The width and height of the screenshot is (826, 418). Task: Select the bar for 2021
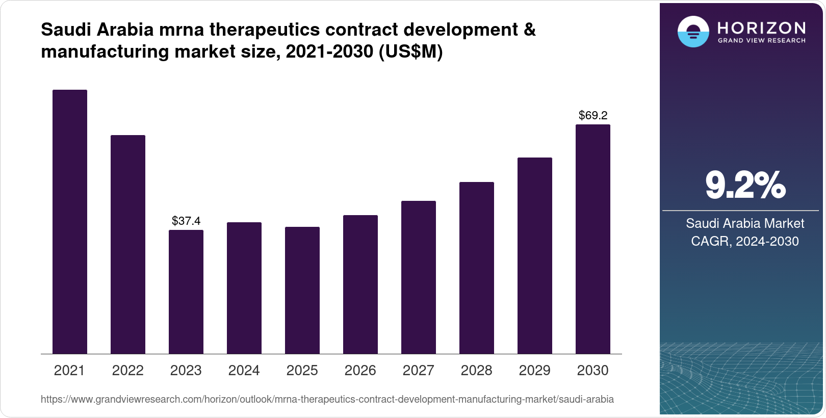pos(70,222)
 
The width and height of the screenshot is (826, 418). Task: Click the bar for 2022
pos(128,245)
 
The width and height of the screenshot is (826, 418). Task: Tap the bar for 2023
pos(186,292)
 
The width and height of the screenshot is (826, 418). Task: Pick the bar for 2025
pos(302,290)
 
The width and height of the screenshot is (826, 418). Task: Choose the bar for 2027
pos(419,277)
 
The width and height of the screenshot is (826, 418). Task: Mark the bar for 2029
pos(535,255)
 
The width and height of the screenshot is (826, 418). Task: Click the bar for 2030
pos(593,239)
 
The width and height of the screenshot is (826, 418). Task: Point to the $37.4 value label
pos(186,221)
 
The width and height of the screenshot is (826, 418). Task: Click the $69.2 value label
pos(593,115)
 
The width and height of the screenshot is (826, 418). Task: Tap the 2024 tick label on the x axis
pos(244,370)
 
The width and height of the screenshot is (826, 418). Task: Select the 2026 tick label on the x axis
pos(360,370)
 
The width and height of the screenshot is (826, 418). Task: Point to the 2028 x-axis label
pos(477,370)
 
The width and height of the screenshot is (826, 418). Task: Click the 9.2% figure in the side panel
pos(745,185)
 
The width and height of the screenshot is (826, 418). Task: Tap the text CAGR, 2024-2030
pos(745,241)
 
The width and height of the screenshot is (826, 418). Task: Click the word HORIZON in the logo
pos(761,28)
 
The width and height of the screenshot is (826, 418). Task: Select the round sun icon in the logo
pos(693,32)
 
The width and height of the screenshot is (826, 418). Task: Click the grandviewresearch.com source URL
pos(327,399)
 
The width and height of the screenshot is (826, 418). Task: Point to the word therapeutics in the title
pos(265,30)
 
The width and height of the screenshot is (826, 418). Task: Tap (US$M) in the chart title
pos(410,51)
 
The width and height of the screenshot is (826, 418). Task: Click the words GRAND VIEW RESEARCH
pos(761,41)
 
